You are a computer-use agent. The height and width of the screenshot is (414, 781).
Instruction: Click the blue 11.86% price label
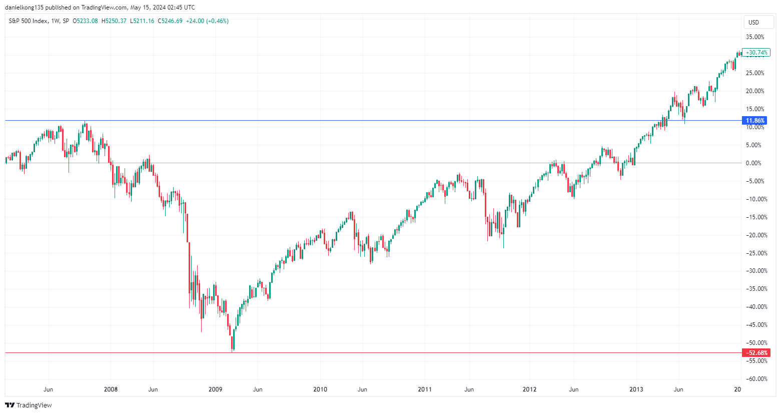[x=755, y=121]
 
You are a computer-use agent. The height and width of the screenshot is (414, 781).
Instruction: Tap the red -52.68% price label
[x=756, y=353]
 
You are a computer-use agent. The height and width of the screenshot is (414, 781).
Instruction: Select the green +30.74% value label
[x=756, y=53]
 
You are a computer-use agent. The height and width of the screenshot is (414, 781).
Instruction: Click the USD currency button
[x=753, y=22]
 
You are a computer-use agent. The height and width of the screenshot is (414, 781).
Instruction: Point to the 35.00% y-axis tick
[x=755, y=37]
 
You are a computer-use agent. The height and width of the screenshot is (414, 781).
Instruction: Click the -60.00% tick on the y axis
[x=755, y=379]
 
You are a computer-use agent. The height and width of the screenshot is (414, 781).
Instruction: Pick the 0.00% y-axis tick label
[x=753, y=163]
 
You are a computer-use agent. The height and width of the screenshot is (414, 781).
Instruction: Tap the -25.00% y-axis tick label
[x=755, y=253]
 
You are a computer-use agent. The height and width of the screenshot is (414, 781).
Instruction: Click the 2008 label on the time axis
[x=110, y=389]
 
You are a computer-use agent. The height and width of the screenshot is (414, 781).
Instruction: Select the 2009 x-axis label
[x=215, y=389]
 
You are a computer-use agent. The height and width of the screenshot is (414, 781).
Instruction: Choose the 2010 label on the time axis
[x=320, y=389]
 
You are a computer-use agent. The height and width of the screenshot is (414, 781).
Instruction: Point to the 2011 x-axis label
[x=425, y=389]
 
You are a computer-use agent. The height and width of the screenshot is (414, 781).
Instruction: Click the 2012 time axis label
[x=529, y=389]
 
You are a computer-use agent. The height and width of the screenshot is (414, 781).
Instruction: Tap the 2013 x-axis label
[x=636, y=389]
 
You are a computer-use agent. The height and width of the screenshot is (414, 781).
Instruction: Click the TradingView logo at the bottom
[x=29, y=405]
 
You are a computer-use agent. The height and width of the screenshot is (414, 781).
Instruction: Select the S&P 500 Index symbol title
[x=28, y=21]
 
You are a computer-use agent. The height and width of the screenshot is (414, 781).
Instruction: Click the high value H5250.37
[x=114, y=21]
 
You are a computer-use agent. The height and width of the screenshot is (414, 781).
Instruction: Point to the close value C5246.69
[x=170, y=21]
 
